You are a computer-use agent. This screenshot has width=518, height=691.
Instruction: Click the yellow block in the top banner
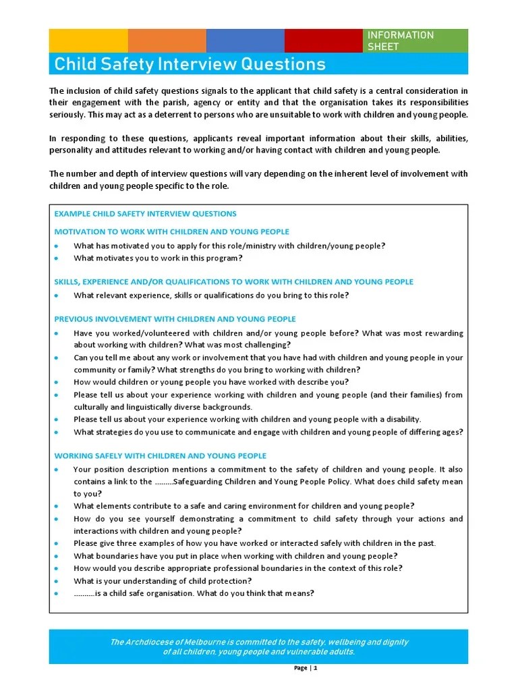[x=88, y=40]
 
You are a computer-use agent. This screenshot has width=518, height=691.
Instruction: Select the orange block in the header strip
[x=167, y=40]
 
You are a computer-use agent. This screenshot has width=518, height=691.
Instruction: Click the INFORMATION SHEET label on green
[x=400, y=40]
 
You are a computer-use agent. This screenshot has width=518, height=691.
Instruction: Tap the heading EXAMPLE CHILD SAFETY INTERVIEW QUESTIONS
[x=145, y=214]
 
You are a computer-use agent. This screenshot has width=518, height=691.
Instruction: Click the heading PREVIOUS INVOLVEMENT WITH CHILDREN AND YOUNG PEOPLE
[x=175, y=319]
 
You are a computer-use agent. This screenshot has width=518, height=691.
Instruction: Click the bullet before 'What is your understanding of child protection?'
[x=57, y=581]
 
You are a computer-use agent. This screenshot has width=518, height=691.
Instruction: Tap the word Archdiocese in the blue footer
[x=152, y=642]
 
